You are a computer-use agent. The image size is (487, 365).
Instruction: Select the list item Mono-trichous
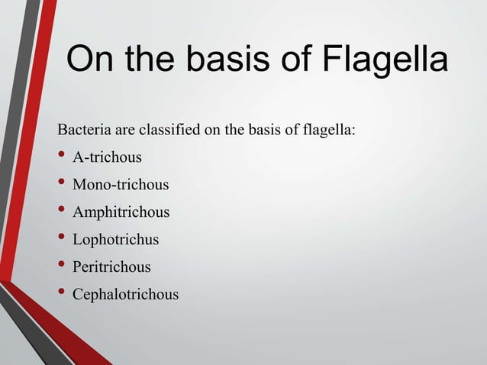[121, 185]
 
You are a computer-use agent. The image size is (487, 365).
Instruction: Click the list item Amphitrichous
[121, 212]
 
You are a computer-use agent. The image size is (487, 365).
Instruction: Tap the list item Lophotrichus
[115, 240]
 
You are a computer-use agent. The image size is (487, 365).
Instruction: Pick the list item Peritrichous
[111, 267]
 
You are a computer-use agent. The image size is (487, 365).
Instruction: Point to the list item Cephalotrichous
[125, 294]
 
